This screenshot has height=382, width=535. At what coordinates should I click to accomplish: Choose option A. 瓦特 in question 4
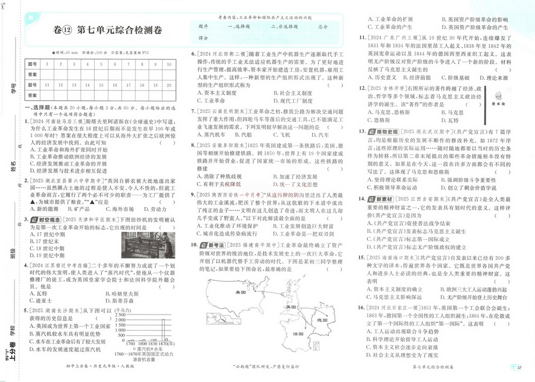[41, 294]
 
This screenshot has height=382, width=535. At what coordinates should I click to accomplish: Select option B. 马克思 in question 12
[452, 113]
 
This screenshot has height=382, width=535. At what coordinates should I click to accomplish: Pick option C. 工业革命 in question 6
[211, 100]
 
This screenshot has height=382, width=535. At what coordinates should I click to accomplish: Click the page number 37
[519, 367]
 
